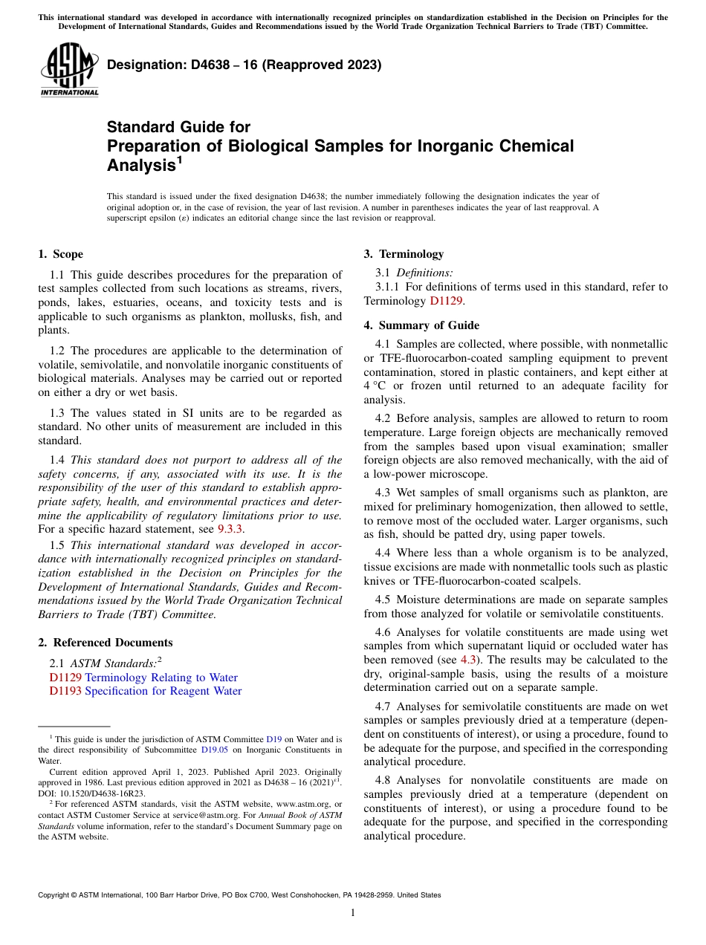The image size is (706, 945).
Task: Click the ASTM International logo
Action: point(69,71)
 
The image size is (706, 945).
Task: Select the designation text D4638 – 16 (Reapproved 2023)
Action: point(244,65)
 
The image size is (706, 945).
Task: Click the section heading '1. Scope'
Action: point(60,254)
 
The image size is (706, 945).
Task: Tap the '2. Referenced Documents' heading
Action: point(106,643)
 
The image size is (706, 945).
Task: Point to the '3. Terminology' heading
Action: point(404,254)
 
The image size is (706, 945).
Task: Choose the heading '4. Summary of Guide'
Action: point(421,325)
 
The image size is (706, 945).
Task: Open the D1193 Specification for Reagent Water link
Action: point(146,691)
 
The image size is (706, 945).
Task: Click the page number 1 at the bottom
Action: point(353,912)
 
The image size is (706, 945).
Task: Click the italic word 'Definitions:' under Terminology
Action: point(424,273)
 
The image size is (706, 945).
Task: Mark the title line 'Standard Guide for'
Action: point(178,127)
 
